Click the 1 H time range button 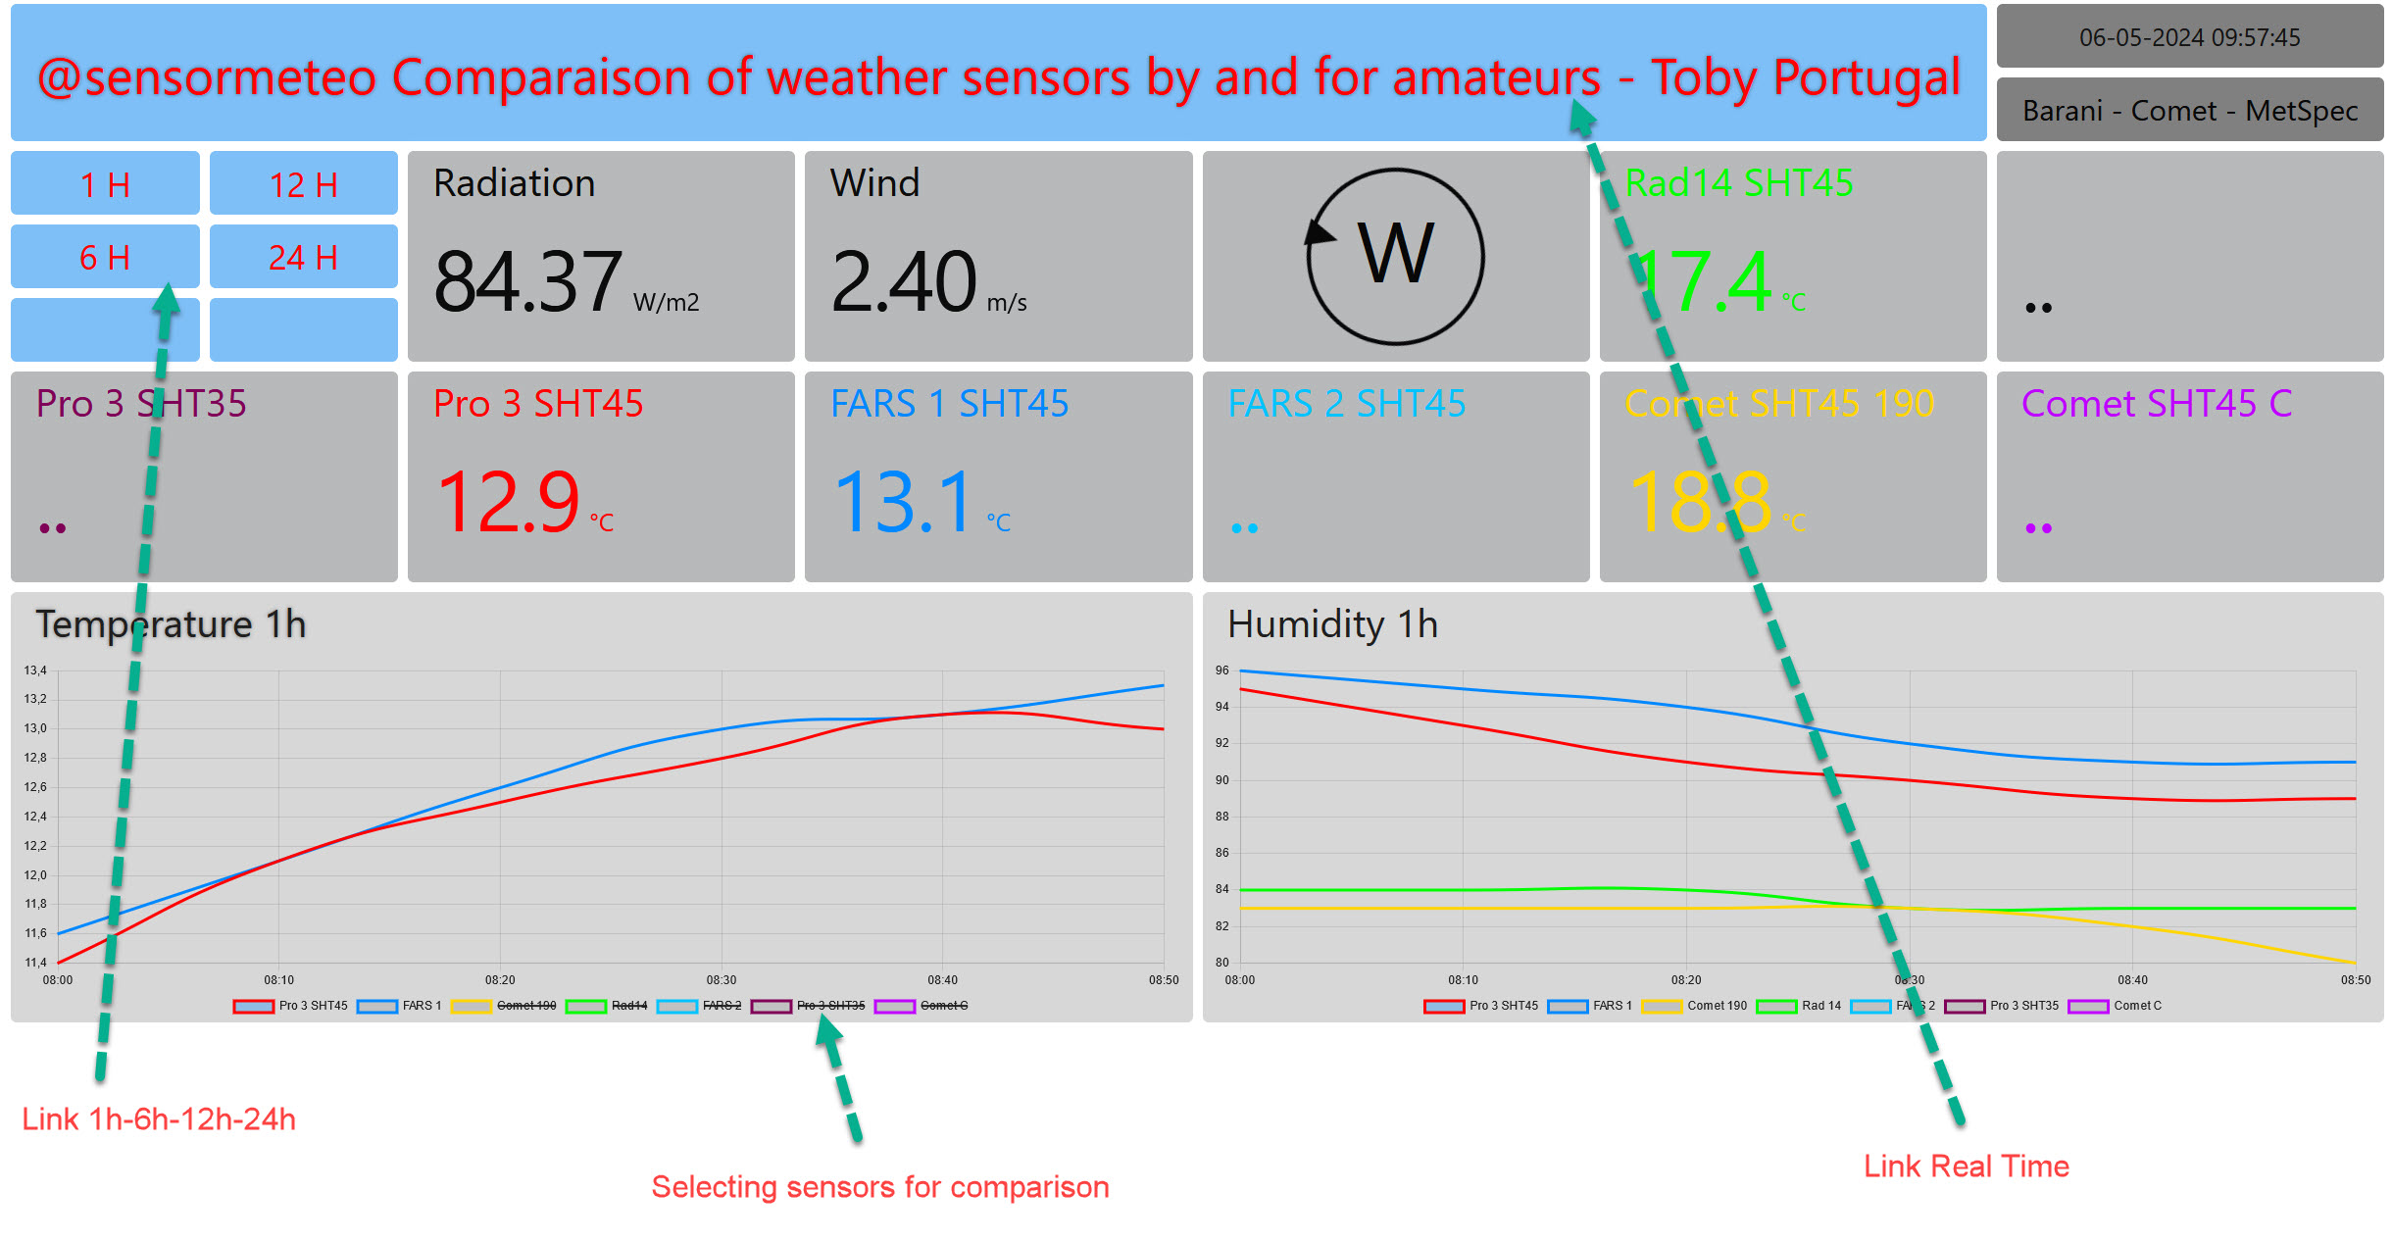point(105,184)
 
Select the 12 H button point(303,184)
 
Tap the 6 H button point(105,258)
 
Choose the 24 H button point(303,258)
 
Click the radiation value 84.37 point(527,282)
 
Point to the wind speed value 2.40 point(903,282)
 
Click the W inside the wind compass point(1396,254)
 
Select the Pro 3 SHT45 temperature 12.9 point(508,503)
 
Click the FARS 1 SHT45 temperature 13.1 point(904,503)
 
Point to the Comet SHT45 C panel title point(2156,404)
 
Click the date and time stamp point(2189,37)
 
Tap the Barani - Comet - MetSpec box point(2189,111)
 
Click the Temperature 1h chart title point(171,624)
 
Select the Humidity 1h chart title point(1332,624)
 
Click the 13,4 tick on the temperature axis point(35,670)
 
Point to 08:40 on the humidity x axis point(2132,980)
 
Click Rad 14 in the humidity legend point(1820,1006)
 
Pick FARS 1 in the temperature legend point(422,1006)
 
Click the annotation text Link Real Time point(1966,1166)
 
